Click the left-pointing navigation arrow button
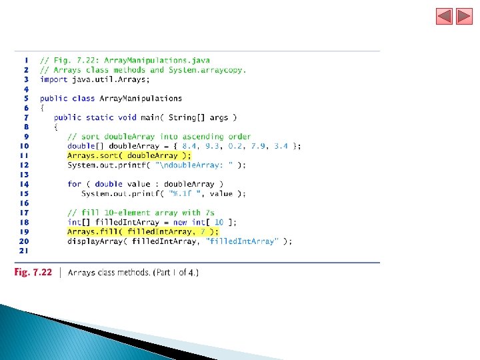tap(445, 16)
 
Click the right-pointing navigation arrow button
tap(464, 16)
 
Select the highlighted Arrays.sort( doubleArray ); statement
tap(124, 155)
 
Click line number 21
tap(24, 251)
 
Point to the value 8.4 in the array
tap(189, 146)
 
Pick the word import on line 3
tap(53, 79)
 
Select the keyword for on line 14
tap(74, 184)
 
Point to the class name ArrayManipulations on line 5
tap(141, 99)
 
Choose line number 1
tap(26, 61)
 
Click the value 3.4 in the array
tap(281, 146)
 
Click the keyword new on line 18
tap(180, 222)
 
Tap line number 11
tap(24, 155)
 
